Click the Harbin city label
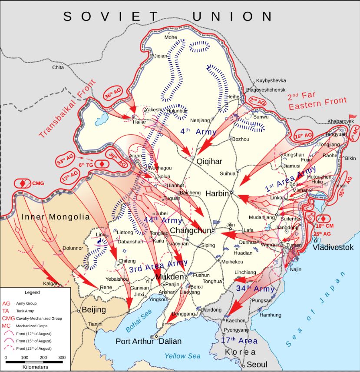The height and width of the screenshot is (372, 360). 217,193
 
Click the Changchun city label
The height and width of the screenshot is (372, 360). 190,230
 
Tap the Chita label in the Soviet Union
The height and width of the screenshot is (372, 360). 58,67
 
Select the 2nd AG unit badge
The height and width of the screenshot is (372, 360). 257,101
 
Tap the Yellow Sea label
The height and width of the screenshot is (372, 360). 182,356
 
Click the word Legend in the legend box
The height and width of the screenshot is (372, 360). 32,292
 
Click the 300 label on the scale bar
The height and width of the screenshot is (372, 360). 62,357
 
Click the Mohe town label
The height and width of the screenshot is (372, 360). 170,37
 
